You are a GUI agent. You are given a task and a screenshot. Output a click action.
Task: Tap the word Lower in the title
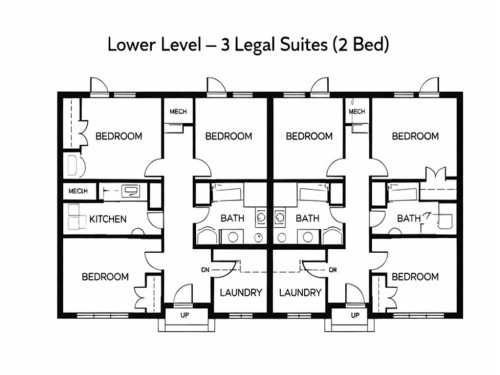pyautogui.click(x=131, y=46)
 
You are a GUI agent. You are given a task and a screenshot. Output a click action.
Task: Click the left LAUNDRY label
pyautogui.click(x=239, y=293)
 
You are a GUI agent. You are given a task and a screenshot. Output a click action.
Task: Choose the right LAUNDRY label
pyautogui.click(x=300, y=293)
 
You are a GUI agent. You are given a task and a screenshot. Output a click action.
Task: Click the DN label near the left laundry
pyautogui.click(x=204, y=270)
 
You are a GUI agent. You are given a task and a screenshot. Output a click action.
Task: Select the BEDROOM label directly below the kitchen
pyautogui.click(x=105, y=277)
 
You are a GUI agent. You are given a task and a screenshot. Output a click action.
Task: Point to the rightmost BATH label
pyautogui.click(x=408, y=219)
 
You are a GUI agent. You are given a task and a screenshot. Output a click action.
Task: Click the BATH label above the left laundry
pyautogui.click(x=233, y=219)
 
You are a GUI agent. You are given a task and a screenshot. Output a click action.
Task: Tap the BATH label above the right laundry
pyautogui.click(x=307, y=219)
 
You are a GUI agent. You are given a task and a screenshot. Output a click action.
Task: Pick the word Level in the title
pyautogui.click(x=185, y=46)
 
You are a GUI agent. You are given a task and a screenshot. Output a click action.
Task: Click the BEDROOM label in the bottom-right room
pyautogui.click(x=414, y=277)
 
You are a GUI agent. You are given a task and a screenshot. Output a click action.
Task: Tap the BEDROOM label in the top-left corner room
pyautogui.click(x=118, y=136)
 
